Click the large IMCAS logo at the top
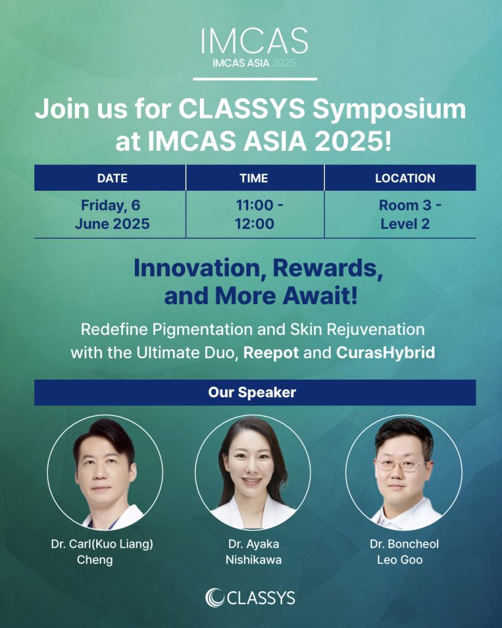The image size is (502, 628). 254,41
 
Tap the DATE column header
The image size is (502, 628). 112,178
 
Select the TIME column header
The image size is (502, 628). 254,178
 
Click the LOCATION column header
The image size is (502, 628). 405,178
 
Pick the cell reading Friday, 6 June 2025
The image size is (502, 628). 112,215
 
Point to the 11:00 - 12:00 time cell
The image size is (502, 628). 254,215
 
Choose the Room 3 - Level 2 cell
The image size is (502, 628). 405,215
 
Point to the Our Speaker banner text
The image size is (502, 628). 252,392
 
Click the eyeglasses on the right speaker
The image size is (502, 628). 401,465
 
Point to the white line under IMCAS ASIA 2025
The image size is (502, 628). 254,78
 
